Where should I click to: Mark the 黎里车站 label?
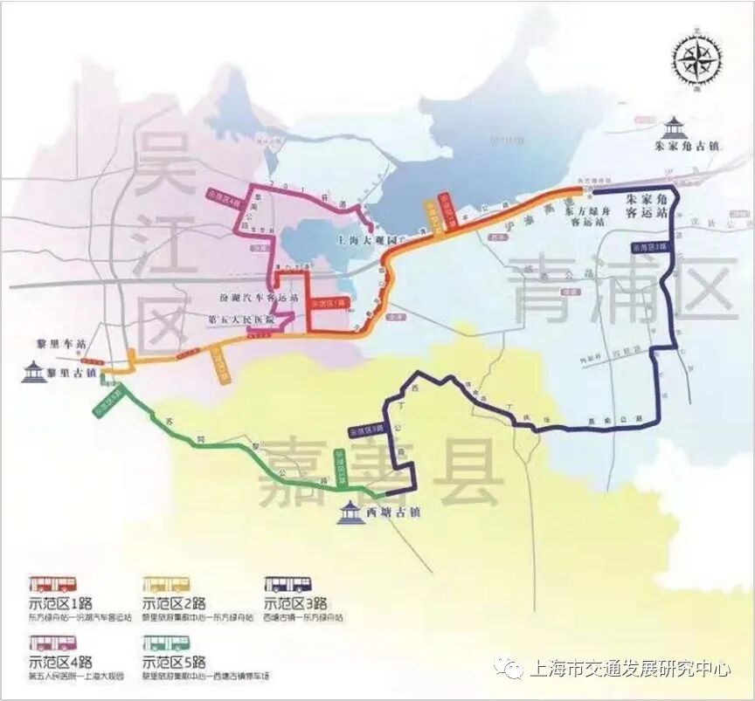57,345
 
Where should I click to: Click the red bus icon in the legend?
52,584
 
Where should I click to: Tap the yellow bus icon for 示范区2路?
166,584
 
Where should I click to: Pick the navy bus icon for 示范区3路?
288,584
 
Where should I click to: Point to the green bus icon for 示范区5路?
166,647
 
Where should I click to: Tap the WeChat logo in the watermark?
510,670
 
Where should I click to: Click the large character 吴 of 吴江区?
162,168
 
